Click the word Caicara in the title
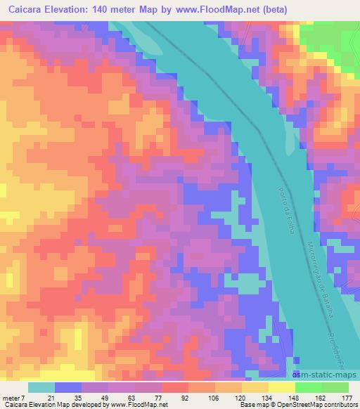coord(29,10)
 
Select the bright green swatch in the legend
coord(308,387)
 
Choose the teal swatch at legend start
coord(41,387)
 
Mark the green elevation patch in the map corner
coord(337,42)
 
